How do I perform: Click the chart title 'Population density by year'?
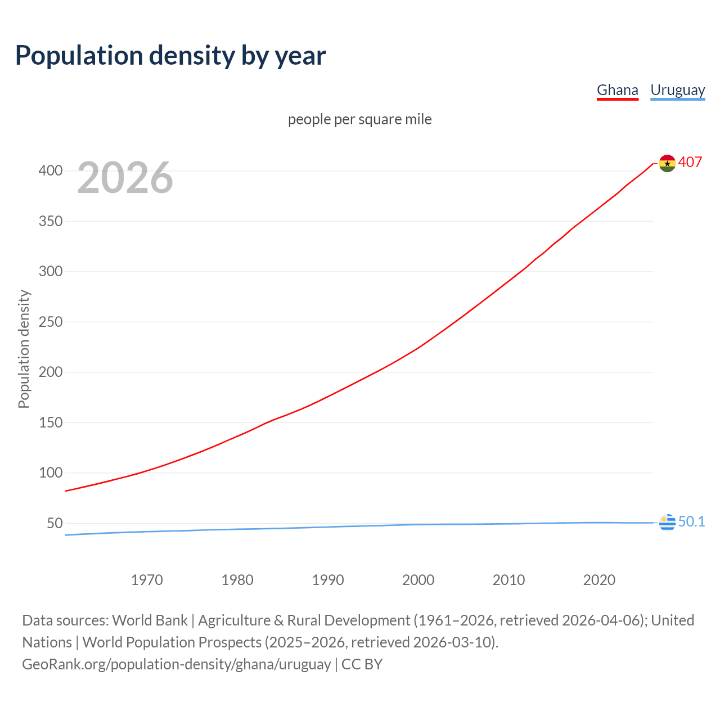click(170, 56)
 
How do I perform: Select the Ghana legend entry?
click(617, 90)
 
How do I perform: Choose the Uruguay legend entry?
click(677, 90)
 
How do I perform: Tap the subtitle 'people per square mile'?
click(359, 119)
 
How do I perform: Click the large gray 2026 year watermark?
click(125, 178)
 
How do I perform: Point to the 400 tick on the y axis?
click(51, 170)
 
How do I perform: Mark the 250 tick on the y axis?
click(51, 322)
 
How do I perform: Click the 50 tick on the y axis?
click(55, 523)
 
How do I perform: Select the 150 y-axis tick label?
click(51, 422)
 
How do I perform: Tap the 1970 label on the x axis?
click(147, 580)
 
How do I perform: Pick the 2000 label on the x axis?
click(418, 580)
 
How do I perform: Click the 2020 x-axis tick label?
click(599, 580)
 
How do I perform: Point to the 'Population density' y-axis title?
click(24, 349)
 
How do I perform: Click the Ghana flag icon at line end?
click(667, 163)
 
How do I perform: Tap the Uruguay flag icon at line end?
click(667, 523)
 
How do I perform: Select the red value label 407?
click(690, 162)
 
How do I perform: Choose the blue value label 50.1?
click(691, 521)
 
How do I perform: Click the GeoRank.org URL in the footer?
click(176, 664)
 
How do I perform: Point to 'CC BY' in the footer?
click(362, 664)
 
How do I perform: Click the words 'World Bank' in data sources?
click(150, 620)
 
